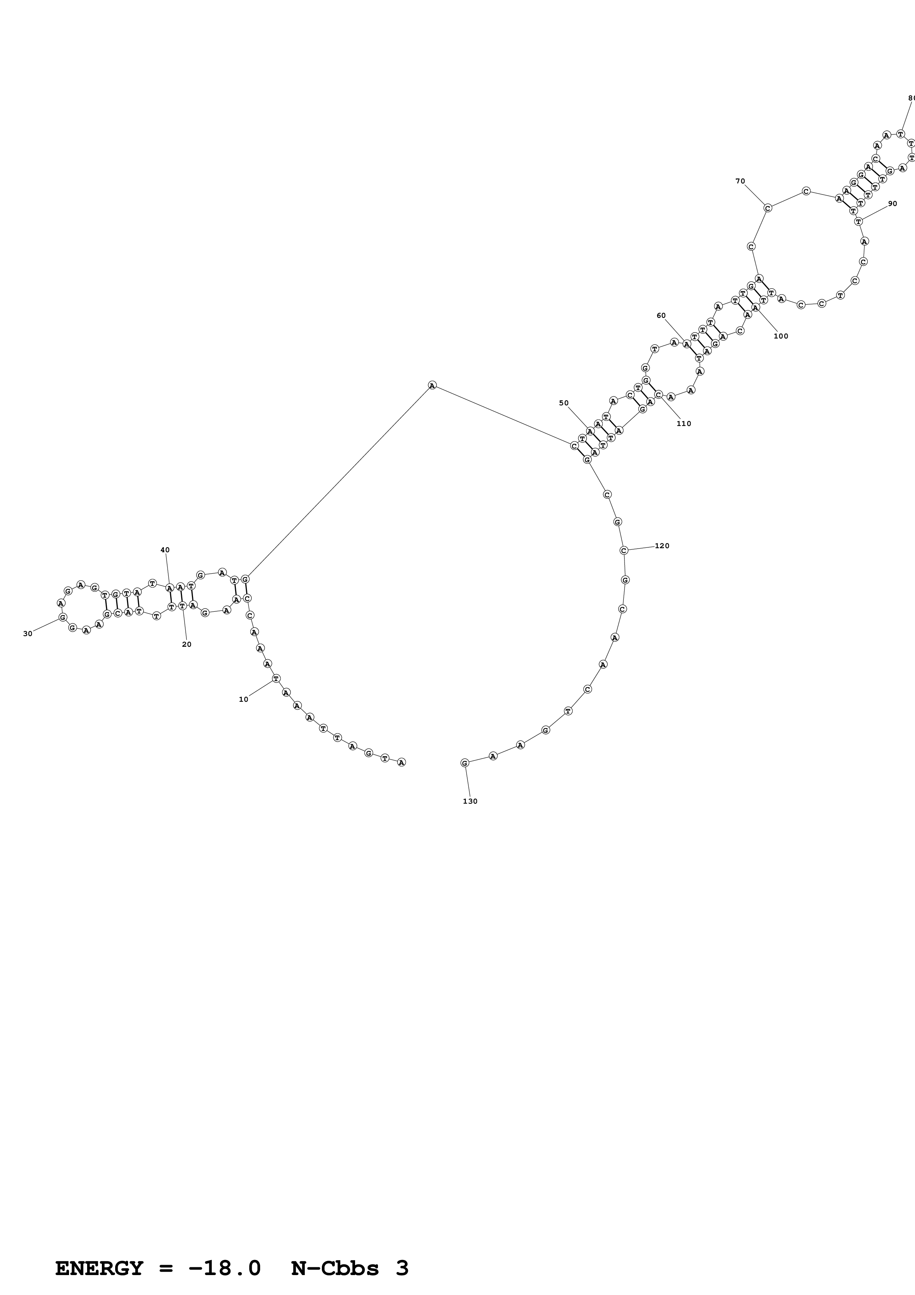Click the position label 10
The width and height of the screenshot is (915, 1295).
coord(244,700)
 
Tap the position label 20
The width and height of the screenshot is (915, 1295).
coord(187,644)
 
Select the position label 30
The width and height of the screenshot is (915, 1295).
coord(28,633)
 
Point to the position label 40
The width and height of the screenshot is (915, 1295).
coord(165,550)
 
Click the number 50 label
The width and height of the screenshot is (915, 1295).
coord(564,403)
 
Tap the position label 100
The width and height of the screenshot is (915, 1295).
coord(781,336)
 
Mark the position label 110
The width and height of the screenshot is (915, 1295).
coord(684,423)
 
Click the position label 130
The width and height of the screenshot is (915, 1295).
coord(470,801)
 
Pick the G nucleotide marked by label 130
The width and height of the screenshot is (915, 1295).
coord(465,763)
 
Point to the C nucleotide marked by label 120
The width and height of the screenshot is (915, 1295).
coord(623,550)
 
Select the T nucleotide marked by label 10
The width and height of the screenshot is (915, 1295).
coord(276,678)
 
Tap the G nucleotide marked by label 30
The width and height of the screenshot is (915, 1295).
coord(63,616)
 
